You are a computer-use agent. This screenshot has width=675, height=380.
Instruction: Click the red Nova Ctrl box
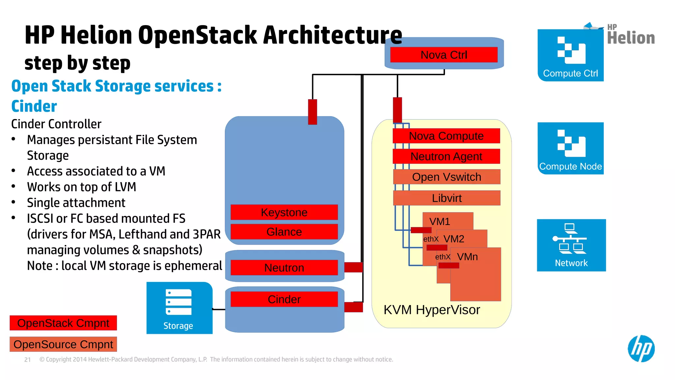(444, 55)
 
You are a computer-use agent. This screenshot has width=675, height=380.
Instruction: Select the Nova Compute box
(446, 136)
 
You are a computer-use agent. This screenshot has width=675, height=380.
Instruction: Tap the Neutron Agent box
(446, 156)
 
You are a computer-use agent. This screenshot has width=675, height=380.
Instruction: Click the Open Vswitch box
(447, 177)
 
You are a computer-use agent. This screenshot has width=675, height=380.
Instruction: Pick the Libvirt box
(447, 198)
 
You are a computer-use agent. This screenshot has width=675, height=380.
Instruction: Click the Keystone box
(284, 212)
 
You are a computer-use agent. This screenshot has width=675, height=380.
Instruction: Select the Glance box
(284, 232)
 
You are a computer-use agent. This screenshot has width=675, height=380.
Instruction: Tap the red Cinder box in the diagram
(284, 299)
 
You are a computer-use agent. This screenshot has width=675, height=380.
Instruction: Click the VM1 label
(440, 221)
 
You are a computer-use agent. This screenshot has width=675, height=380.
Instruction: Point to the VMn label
(467, 257)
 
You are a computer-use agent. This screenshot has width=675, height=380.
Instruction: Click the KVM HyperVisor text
(432, 310)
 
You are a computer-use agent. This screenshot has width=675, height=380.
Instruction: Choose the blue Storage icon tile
(179, 308)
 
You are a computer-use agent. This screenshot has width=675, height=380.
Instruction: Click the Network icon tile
(571, 245)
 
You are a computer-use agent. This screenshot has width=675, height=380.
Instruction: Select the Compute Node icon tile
(571, 148)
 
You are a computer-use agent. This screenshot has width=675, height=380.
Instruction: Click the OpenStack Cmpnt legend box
(63, 323)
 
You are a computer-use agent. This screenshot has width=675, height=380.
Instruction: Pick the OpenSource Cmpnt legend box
(63, 344)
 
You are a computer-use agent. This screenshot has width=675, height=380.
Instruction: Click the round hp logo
(641, 349)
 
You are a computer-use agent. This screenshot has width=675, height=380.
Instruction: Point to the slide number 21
(28, 360)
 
